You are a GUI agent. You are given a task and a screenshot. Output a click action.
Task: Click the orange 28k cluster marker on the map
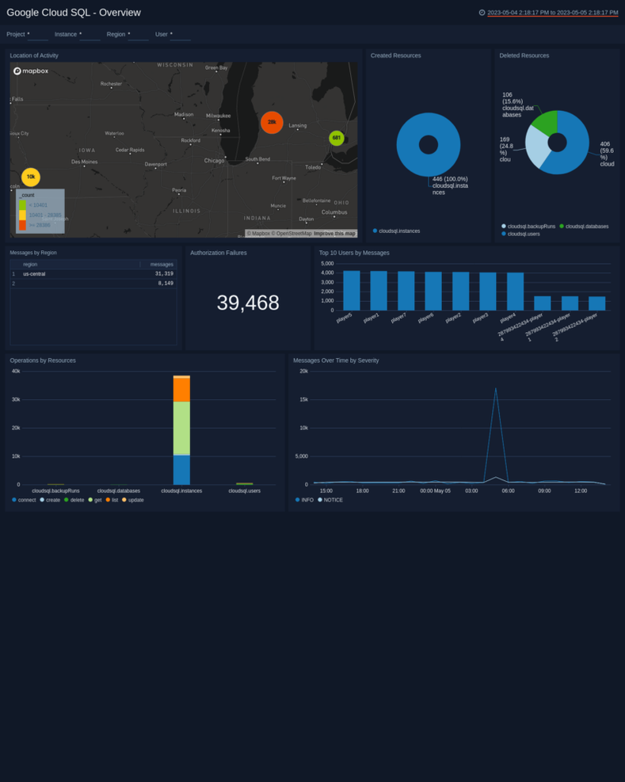pos(272,122)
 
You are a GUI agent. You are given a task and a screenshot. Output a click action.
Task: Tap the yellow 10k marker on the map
pos(31,177)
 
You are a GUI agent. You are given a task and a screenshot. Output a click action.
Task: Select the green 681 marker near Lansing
pos(337,138)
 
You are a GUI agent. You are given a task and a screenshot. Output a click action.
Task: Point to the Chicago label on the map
pos(214,161)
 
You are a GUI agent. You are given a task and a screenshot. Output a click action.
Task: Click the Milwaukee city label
pos(218,116)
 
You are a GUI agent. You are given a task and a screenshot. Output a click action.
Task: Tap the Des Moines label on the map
pos(84,162)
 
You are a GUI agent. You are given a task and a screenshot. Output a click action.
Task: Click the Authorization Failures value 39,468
pos(248,303)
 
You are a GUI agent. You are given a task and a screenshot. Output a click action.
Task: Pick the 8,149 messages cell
pos(165,283)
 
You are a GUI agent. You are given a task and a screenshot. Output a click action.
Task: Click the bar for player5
pos(352,290)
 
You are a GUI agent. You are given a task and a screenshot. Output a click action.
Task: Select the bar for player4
pos(515,291)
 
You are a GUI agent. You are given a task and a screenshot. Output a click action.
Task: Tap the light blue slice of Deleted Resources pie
pos(537,149)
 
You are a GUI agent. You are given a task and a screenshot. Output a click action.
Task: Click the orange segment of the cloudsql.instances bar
pos(181,390)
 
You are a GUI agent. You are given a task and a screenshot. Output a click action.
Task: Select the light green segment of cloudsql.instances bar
pos(181,428)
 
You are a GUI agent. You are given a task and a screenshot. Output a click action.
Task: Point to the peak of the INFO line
pos(496,388)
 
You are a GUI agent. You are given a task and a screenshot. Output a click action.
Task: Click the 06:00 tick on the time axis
pos(508,490)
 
